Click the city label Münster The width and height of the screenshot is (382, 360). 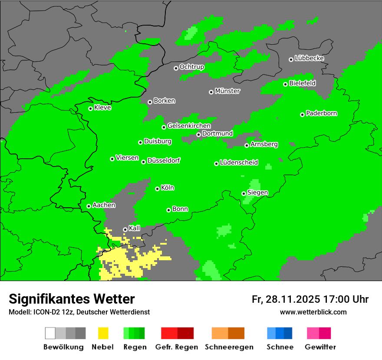227,91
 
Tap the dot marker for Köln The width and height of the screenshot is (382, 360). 157,189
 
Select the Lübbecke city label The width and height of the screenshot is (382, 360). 309,58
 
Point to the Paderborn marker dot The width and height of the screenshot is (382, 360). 302,115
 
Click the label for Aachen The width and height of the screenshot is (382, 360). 104,205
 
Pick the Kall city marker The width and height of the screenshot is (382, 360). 125,229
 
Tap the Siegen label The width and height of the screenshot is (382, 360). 257,193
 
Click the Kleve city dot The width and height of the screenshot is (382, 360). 90,108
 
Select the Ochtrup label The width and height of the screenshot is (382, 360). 191,67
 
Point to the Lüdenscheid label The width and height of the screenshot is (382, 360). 239,163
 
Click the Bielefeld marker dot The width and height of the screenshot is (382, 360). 285,84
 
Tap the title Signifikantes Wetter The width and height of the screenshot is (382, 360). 72,299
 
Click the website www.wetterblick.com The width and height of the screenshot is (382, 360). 313,312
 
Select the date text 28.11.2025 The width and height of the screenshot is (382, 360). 292,299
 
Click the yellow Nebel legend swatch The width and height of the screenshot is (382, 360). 103,333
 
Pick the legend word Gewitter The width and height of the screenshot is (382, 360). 320,347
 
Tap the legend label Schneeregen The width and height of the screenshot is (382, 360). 228,347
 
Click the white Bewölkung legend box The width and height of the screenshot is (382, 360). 50,333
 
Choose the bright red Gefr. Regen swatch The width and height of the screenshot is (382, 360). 169,333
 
